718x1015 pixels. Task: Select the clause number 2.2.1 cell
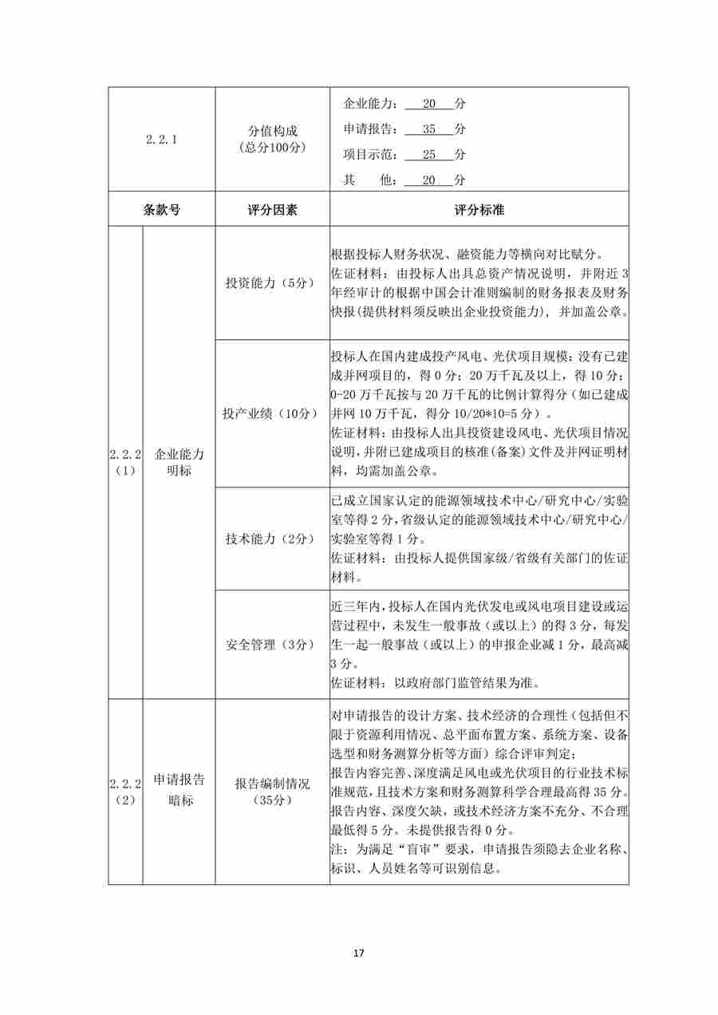[161, 139]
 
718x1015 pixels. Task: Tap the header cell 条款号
[161, 210]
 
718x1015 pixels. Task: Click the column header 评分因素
[272, 210]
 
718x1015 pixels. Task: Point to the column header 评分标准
[479, 210]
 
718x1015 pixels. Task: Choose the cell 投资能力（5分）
[272, 283]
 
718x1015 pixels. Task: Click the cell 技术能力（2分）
[272, 539]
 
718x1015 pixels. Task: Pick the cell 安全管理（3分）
[272, 644]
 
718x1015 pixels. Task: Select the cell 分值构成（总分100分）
[272, 139]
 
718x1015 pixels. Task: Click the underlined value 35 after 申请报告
[429, 129]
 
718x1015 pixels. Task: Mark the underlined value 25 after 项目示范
[429, 155]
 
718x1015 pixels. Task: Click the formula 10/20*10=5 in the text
[494, 415]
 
